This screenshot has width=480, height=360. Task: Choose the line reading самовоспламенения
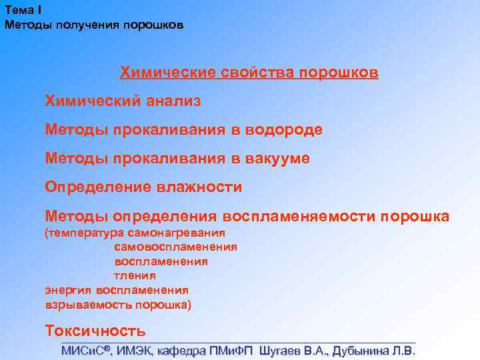[x=175, y=247]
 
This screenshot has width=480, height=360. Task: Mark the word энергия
[x=68, y=290]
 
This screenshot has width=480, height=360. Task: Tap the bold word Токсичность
[x=95, y=331]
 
